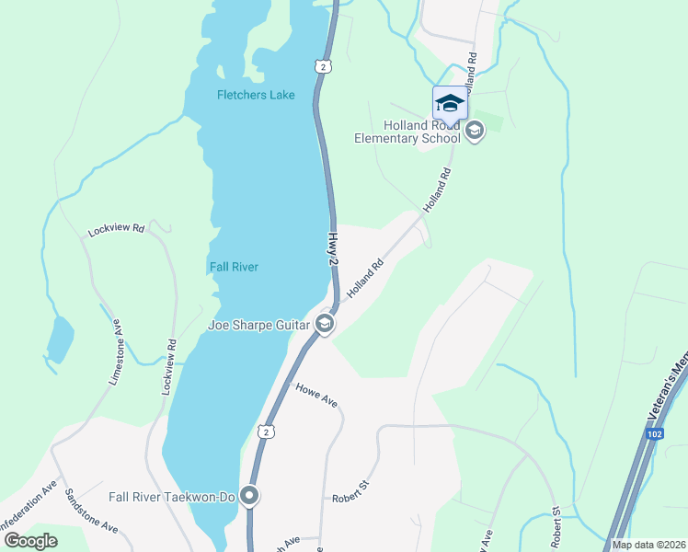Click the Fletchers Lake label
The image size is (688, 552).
click(256, 96)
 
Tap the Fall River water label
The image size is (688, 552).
click(233, 267)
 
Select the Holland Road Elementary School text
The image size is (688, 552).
click(407, 132)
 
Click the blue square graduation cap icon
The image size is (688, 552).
click(450, 102)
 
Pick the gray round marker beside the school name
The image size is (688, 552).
click(475, 131)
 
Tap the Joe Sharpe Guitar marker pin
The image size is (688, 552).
click(325, 323)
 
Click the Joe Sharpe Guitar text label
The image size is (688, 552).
click(260, 323)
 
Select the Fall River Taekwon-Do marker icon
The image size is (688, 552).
click(250, 496)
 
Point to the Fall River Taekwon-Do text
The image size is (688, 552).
click(174, 496)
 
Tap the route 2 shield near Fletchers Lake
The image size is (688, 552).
click(320, 66)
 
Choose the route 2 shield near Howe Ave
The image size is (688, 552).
click(266, 431)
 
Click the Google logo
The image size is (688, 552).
click(30, 540)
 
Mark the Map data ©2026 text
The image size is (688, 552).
click(648, 545)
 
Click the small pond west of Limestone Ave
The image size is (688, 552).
click(59, 339)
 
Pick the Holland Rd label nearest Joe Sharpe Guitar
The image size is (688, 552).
click(364, 280)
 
